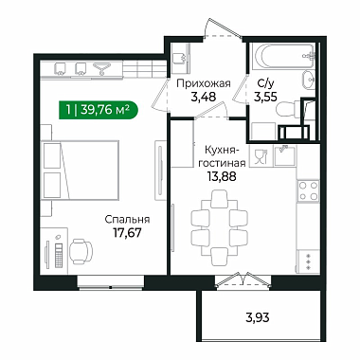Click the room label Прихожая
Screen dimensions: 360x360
pos(204,84)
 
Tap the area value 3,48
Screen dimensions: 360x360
pos(204,97)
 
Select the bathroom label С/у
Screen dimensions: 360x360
pos(264,83)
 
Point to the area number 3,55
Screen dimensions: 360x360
pos(265,97)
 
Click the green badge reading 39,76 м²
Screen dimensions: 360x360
pos(98,110)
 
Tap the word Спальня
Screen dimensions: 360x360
pos(127,220)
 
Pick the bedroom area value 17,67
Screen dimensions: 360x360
pos(127,233)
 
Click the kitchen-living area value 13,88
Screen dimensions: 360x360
pos(222,176)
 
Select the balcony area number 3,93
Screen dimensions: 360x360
pos(258,317)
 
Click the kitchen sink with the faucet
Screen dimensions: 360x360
pos(285,155)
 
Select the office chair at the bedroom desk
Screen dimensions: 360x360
pos(81,251)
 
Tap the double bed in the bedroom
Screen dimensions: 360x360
pos(81,171)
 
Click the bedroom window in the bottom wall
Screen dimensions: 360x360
pos(111,282)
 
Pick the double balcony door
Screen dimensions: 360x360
pos(243,279)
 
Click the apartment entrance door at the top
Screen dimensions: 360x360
pos(223,31)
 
